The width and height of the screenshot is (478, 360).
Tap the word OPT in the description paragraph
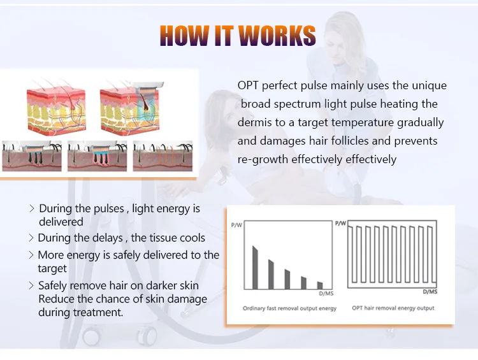(247, 85)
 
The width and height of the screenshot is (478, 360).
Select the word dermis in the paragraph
(253, 122)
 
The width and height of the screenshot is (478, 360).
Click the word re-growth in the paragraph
(263, 159)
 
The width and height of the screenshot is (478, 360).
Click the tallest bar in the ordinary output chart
(256, 268)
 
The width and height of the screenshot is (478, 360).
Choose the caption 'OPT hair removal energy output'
(393, 308)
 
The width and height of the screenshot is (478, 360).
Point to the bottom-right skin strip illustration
(162, 157)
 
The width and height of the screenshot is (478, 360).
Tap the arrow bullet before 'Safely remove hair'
(31, 285)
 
